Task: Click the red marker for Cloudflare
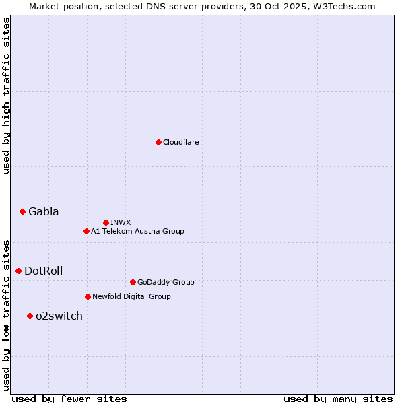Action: [x=158, y=142]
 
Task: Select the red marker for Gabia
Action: [x=22, y=211]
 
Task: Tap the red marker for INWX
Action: [x=106, y=222]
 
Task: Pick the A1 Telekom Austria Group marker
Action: [x=86, y=231]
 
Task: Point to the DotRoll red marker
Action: [x=18, y=271]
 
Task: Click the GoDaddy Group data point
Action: [x=133, y=282]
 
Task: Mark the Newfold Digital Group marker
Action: [x=88, y=296]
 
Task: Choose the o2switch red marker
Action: [x=30, y=316]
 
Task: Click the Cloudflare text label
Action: [x=180, y=142]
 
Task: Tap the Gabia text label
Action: [x=43, y=211]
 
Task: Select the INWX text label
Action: [x=121, y=222]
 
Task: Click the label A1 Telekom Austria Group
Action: [x=137, y=231]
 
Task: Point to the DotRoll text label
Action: [x=43, y=271]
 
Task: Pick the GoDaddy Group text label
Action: [x=165, y=282]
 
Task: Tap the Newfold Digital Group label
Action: [x=131, y=296]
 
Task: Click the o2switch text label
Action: [x=59, y=316]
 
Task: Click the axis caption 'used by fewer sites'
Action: [x=69, y=399]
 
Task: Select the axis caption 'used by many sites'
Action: [x=338, y=399]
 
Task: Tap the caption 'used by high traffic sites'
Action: [x=6, y=96]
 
